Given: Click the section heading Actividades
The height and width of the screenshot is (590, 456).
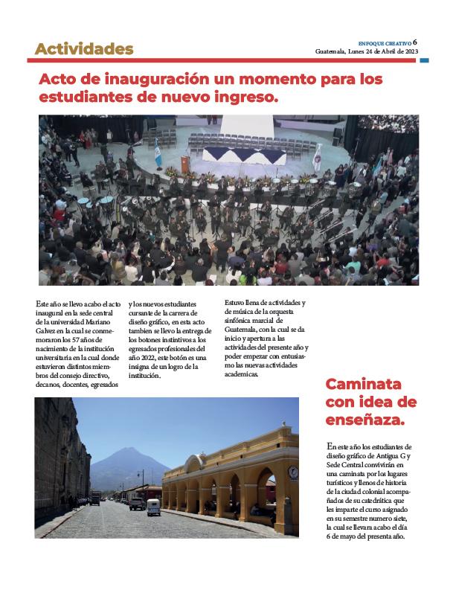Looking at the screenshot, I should tap(84, 50).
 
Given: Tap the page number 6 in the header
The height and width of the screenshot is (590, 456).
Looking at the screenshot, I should tap(415, 42).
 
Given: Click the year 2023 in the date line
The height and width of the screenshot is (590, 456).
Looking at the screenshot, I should tap(408, 51).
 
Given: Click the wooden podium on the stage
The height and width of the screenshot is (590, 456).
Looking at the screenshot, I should tap(184, 163).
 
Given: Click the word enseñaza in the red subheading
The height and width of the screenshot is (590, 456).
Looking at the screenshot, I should tap(365, 421).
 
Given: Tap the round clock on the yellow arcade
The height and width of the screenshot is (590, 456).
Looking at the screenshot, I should tap(293, 472).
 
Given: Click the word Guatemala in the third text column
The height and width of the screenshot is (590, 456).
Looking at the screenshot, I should tap(243, 329).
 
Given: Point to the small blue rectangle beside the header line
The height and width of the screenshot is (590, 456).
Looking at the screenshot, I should tap(424, 60).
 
